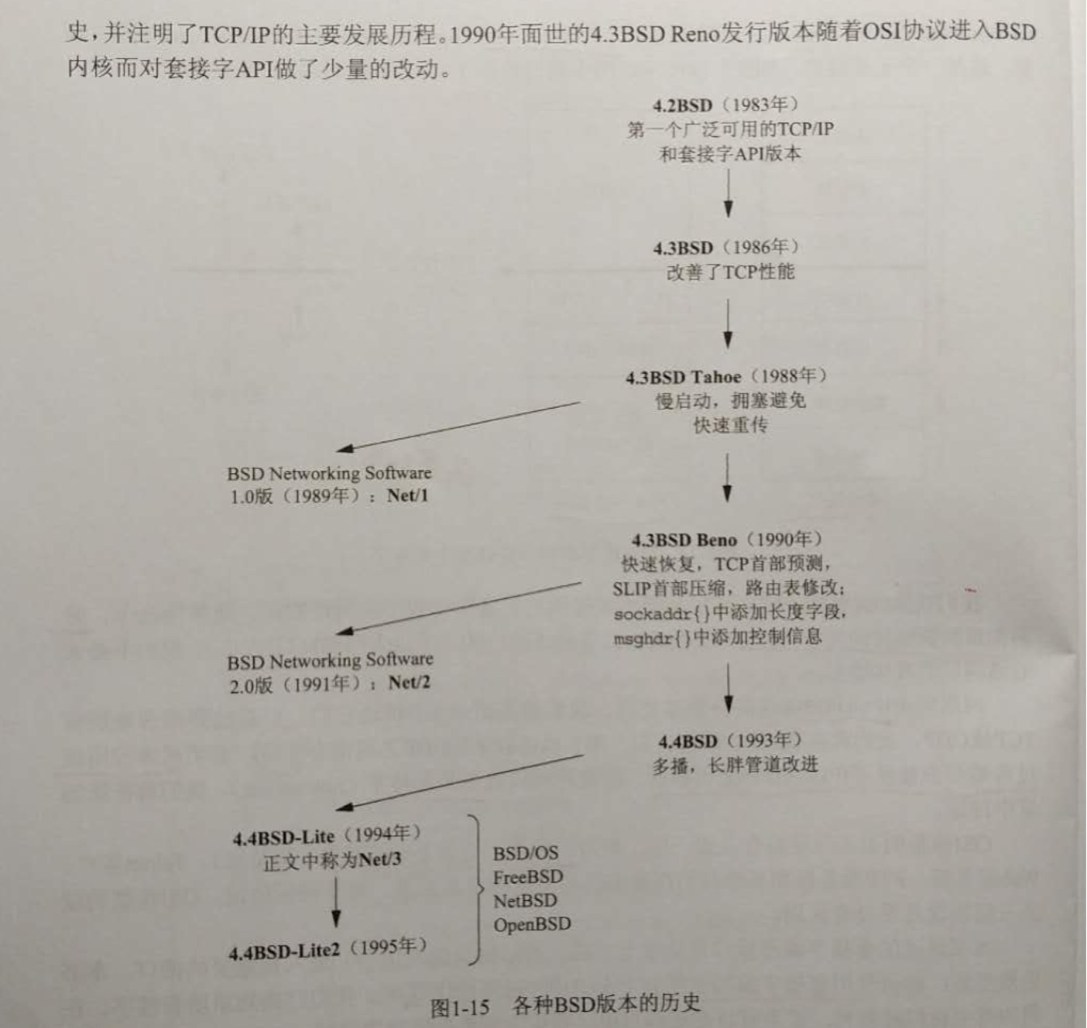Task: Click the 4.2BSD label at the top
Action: click(682, 106)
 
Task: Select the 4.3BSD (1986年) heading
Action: click(725, 248)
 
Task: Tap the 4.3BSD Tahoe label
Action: click(684, 377)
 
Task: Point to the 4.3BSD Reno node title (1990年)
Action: click(726, 540)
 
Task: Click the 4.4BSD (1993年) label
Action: click(729, 741)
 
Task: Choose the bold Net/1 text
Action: click(407, 495)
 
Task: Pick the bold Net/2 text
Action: click(409, 683)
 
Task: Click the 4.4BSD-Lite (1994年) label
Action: click(326, 836)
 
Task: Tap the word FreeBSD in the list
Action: click(528, 877)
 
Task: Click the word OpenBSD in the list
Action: click(532, 924)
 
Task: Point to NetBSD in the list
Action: click(525, 901)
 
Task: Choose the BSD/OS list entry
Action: click(525, 853)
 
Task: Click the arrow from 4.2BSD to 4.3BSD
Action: click(728, 194)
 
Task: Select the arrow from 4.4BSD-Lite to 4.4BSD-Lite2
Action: click(335, 902)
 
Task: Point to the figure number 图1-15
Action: click(460, 1007)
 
